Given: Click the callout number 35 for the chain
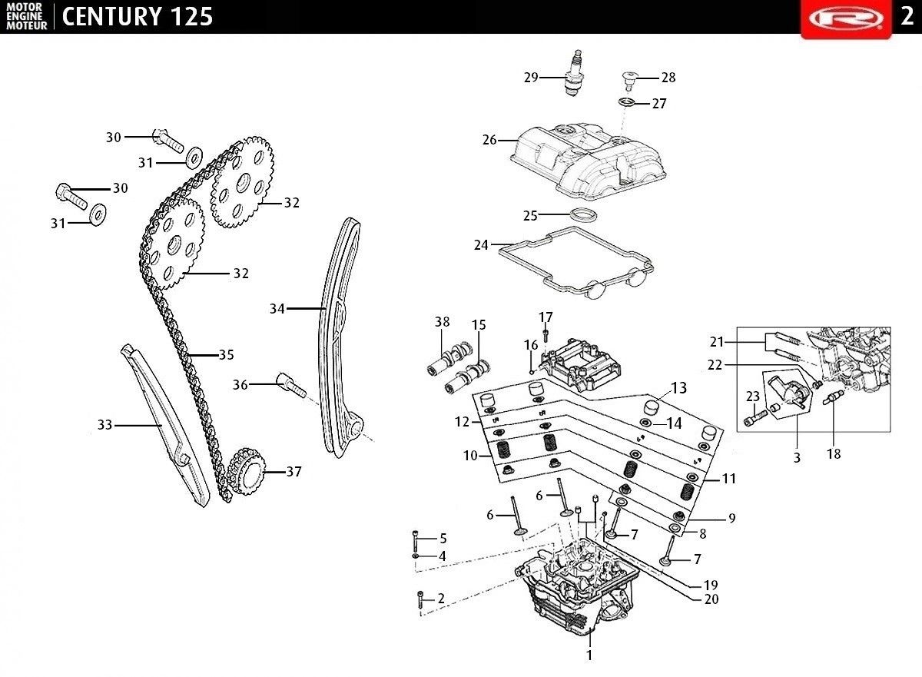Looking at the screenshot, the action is pos(226,354).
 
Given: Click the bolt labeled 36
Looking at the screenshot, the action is pos(293,385).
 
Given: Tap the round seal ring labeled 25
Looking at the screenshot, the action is pos(583,214).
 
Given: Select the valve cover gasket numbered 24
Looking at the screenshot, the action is pos(575,263).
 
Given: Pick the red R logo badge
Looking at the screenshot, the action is pos(846,19).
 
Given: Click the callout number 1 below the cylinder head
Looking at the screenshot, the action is pos(589,655).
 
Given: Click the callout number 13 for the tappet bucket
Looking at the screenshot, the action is pos(678,387).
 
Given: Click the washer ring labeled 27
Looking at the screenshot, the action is pos(626,102).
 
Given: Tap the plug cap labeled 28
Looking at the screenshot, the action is pos(628,81).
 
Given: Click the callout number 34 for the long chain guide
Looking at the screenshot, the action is pos(277,308).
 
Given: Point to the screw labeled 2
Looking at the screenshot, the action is pos(420,600).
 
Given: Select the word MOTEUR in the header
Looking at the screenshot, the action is pos(27,25).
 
